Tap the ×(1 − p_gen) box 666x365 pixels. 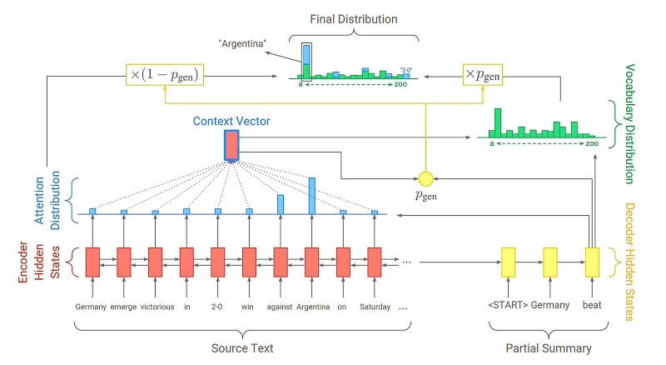click(x=166, y=75)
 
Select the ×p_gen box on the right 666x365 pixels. click(x=483, y=75)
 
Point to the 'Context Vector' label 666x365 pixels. click(x=231, y=122)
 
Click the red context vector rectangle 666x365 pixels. click(x=231, y=145)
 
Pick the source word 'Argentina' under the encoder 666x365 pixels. click(x=311, y=306)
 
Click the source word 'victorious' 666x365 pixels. click(x=157, y=306)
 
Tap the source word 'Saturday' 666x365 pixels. click(x=374, y=306)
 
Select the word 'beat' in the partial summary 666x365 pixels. click(x=592, y=305)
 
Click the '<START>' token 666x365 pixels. click(x=507, y=305)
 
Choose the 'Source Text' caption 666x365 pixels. click(x=240, y=348)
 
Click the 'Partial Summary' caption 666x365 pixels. click(x=549, y=348)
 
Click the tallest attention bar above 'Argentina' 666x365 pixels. click(x=311, y=196)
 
